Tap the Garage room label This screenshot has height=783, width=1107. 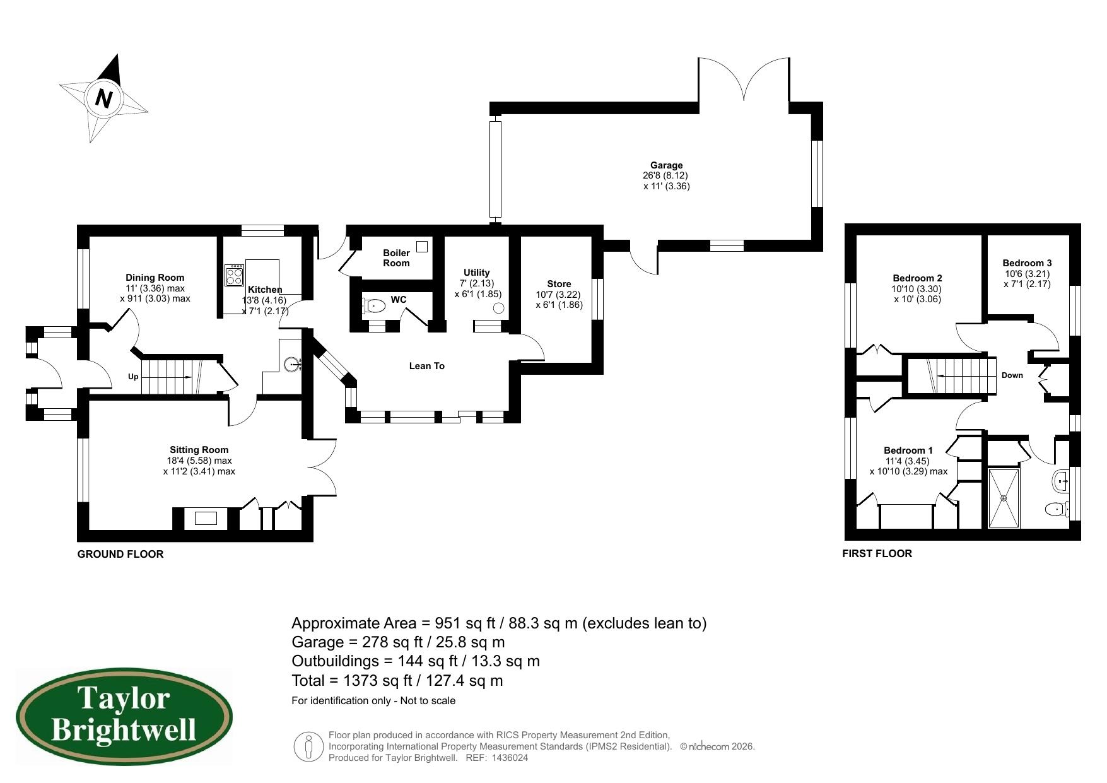tap(666, 165)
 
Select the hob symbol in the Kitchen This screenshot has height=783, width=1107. tap(234, 274)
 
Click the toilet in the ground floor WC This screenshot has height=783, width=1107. tap(375, 307)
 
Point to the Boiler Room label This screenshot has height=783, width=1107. tap(396, 258)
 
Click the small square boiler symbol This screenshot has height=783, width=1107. tap(422, 247)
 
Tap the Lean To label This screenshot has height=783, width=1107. tap(426, 366)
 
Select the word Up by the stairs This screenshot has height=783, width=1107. tap(133, 377)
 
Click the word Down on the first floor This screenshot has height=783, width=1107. tap(1012, 375)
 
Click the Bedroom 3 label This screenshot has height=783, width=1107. tap(1027, 263)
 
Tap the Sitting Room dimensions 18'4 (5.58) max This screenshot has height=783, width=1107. tap(199, 461)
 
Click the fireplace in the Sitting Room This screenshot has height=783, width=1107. tap(205, 519)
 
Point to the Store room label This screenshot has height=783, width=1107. tap(559, 284)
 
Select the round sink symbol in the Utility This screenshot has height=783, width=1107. tap(498, 308)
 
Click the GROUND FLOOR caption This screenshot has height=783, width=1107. tap(120, 554)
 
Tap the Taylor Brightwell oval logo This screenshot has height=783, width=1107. tap(124, 717)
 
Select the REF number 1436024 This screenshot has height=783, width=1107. tap(509, 758)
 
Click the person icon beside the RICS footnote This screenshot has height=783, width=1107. tap(308, 747)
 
